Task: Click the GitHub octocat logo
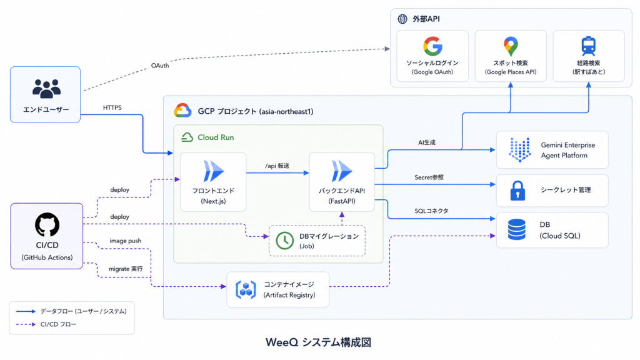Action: pos(47,224)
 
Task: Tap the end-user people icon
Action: pos(46,89)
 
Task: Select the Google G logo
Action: pos(432,46)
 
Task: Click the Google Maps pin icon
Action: pos(511,46)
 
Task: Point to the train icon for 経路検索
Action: pos(589,46)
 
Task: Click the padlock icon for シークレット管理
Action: pos(517,190)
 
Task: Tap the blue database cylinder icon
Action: pos(517,229)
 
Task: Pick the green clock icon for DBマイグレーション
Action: pos(284,241)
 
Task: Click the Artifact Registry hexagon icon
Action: pos(246,289)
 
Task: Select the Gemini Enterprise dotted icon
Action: pos(519,149)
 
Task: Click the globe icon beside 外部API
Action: pos(402,19)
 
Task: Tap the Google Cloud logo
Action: pos(182,111)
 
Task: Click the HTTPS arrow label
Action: pos(112,107)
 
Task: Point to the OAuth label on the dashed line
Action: pos(159,65)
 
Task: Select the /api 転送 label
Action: pos(277,166)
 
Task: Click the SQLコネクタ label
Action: pos(431,211)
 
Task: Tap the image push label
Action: pos(125,241)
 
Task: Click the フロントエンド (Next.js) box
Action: pos(213,182)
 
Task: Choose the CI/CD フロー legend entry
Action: pos(46,324)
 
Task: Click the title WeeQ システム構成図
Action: pos(318,342)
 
